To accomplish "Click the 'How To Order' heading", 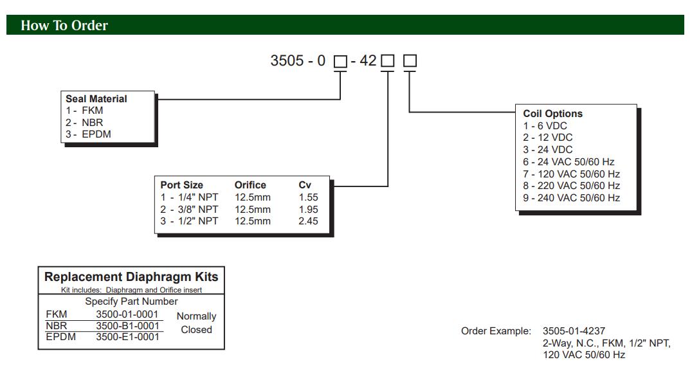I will click(x=64, y=26).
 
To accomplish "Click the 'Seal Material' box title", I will click(x=96, y=99).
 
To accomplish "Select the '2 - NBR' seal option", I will click(x=85, y=122).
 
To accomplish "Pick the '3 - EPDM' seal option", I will click(x=88, y=134).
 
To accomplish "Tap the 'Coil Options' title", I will click(x=553, y=114).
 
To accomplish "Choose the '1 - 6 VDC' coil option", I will click(x=545, y=126).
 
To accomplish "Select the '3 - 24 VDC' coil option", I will click(x=548, y=150).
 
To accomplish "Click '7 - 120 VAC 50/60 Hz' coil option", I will click(x=572, y=174).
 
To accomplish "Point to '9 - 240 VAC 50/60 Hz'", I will click(x=572, y=198).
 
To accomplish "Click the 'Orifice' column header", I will click(x=250, y=185).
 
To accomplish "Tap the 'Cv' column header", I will click(x=305, y=185).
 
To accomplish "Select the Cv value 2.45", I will click(x=308, y=221).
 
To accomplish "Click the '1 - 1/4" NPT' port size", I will click(x=190, y=197).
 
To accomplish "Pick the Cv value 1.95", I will click(x=308, y=210).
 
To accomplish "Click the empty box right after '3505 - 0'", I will click(x=340, y=62).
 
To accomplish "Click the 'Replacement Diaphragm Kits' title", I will click(x=131, y=277).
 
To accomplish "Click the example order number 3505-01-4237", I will click(x=574, y=332).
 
